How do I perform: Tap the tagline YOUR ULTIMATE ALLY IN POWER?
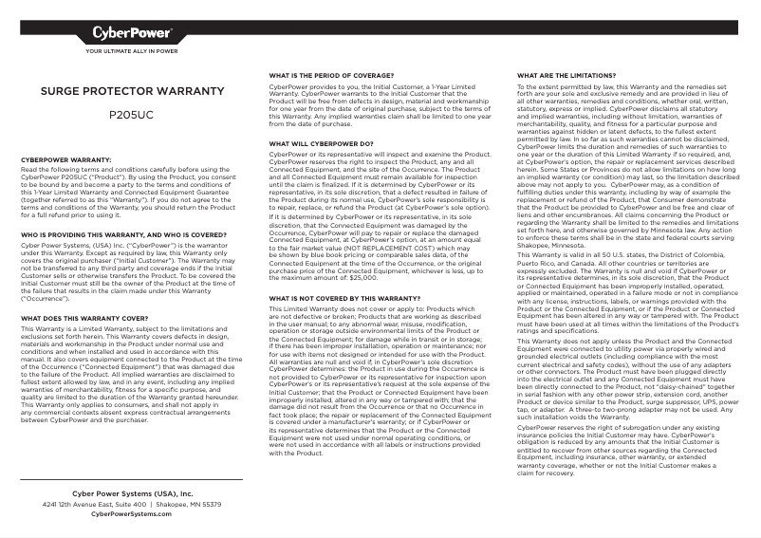[132, 51]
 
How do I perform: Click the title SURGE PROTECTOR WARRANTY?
[132, 93]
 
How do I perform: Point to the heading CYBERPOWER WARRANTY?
[66, 160]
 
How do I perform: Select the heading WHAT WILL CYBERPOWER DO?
[321, 143]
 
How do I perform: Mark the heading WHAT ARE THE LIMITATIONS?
[566, 74]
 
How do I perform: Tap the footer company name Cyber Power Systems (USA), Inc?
[132, 493]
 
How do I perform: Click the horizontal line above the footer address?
[132, 481]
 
